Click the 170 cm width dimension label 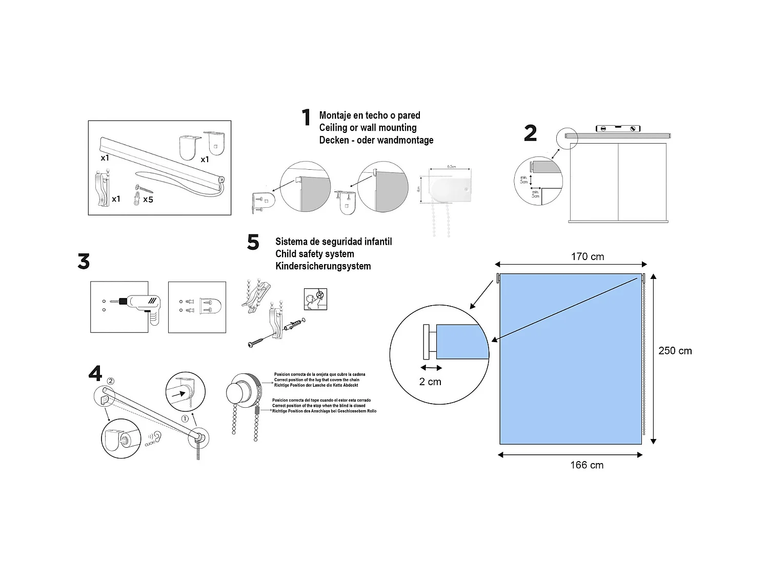[x=588, y=256]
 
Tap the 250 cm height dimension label [x=675, y=351]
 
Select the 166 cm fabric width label [x=586, y=465]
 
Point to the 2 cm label [x=430, y=382]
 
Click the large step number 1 [x=306, y=117]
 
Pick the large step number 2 [x=531, y=133]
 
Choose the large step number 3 [x=84, y=262]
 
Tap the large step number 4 [x=95, y=373]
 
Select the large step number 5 [x=253, y=242]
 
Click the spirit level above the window [x=618, y=128]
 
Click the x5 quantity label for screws [x=148, y=200]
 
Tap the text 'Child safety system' [x=314, y=254]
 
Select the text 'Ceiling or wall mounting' [x=368, y=128]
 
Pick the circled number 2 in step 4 [x=110, y=381]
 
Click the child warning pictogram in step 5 [x=315, y=299]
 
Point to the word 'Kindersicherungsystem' [x=323, y=266]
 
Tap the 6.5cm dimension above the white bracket [x=451, y=167]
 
